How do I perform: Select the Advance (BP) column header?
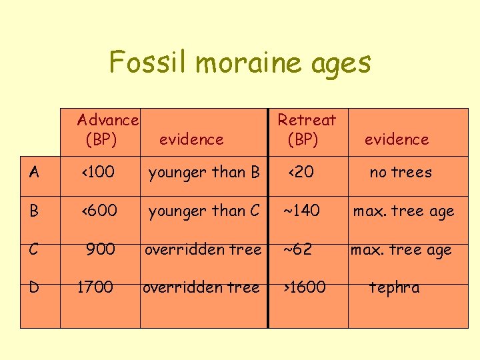pos(107,129)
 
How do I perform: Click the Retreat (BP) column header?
pos(307,129)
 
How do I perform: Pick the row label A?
pos(34,172)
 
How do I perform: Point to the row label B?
pos(34,211)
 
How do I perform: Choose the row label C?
pos(34,249)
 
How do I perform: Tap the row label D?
pos(34,287)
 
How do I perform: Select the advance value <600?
pos(100,211)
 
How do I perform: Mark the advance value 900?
pos(101,249)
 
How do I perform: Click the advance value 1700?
pos(95,287)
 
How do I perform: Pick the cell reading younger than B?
pos(204,172)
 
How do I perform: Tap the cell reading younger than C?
pos(204,211)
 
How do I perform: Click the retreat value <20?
pos(301,172)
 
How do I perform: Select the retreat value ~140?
pos(301,211)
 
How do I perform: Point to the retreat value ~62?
pos(298,249)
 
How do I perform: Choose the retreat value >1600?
pos(303,287)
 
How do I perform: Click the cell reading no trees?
pos(401,172)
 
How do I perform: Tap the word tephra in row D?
pos(395,287)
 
